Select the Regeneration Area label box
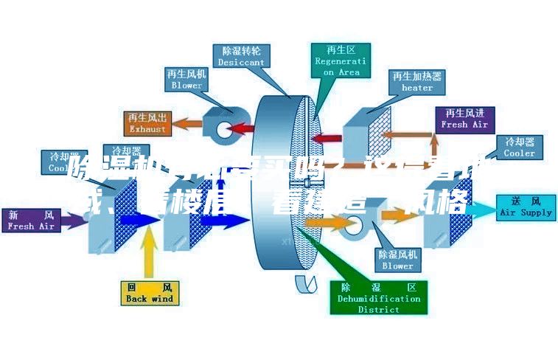340,61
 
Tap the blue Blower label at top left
186,80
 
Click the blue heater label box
416,81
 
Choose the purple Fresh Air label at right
464,118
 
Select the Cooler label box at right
520,147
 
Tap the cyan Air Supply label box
526,206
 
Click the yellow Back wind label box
149,292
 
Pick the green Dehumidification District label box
378,297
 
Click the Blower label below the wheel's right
397,259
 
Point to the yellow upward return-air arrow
149,252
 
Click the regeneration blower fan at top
220,125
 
